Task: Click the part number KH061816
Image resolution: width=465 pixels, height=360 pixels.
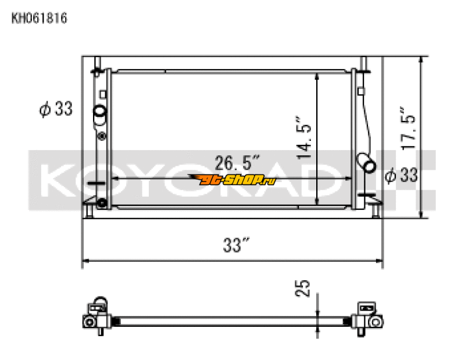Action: tap(40, 18)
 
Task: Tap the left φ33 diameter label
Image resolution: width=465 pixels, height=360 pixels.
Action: tap(56, 108)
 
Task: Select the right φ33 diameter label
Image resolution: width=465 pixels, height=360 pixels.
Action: tap(401, 174)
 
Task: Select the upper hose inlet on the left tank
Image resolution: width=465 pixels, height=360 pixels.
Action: tap(100, 112)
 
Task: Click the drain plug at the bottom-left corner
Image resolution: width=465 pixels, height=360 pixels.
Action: tap(103, 202)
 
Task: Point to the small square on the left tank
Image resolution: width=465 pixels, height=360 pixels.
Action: tap(103, 93)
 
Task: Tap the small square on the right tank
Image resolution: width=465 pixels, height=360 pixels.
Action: tap(361, 91)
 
